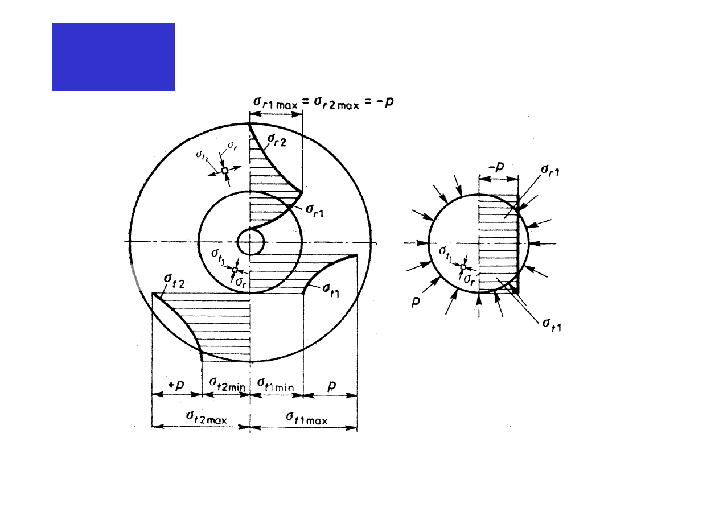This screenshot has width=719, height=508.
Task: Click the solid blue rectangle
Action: point(114,57)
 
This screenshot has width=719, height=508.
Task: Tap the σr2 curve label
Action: point(277,140)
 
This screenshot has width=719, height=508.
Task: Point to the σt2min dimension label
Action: point(227,384)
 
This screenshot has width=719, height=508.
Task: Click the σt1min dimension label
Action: point(276,385)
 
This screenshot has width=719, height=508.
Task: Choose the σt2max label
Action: point(207,418)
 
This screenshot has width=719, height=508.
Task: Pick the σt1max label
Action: point(306,418)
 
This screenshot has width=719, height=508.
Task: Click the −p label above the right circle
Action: point(496,167)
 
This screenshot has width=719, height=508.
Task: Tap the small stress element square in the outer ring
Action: point(225,171)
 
